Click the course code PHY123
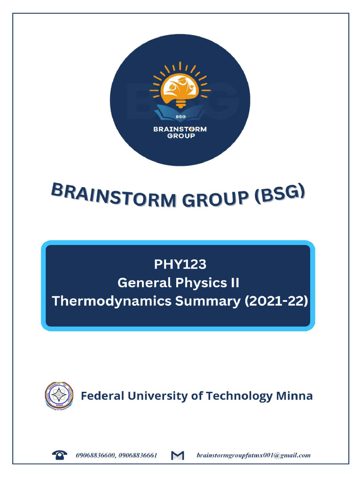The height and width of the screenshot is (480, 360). coord(180,264)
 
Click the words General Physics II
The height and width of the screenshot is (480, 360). coord(178,283)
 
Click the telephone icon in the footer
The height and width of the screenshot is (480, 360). coord(59,455)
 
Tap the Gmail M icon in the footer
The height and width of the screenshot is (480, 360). coord(178,455)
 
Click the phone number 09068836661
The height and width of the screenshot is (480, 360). coord(138,455)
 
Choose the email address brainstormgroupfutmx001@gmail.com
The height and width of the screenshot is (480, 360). coord(253,455)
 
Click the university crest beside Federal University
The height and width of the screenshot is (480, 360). coord(59,396)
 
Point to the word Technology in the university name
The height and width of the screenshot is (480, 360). coord(240,396)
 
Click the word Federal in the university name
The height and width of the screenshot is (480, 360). coord(102,396)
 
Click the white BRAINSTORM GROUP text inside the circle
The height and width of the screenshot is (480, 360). coord(180,133)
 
